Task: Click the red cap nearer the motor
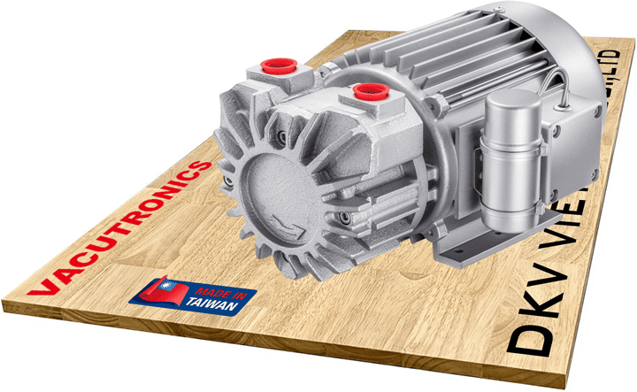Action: pos(365,90)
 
